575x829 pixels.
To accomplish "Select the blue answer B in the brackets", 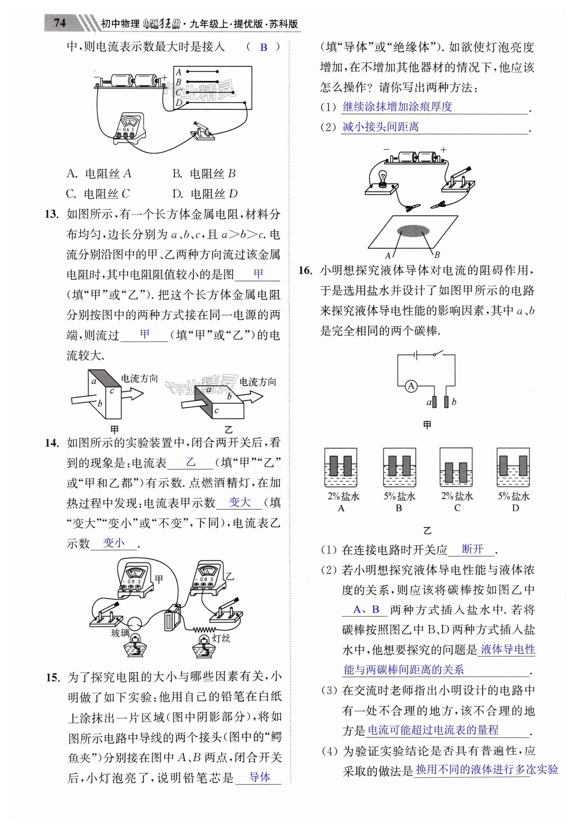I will tap(264, 47).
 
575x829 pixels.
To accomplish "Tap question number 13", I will tap(52, 214).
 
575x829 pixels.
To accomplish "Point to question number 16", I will tap(305, 270).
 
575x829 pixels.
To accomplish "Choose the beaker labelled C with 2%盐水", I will tap(456, 467).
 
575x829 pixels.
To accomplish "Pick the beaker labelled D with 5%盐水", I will tap(513, 467).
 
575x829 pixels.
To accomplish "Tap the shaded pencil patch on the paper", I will tap(413, 231).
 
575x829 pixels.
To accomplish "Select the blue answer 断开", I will tap(472, 549).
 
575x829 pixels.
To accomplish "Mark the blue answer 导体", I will tap(259, 777).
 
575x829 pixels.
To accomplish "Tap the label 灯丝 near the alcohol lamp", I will tap(221, 639).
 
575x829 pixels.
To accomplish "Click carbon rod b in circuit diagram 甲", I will tap(446, 402).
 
